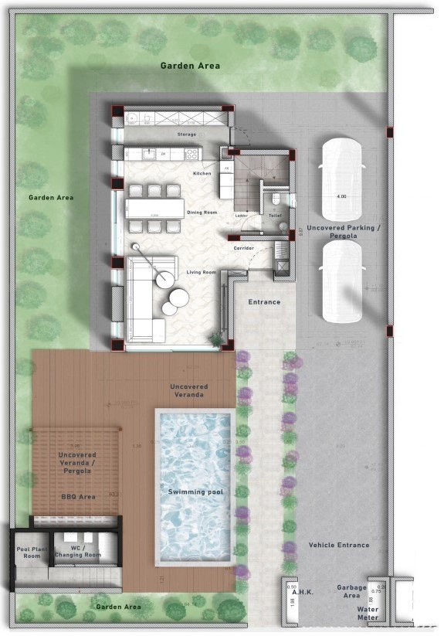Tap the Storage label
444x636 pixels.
point(187,134)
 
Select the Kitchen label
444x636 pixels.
point(202,173)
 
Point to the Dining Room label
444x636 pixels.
point(202,212)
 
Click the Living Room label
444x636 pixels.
point(201,272)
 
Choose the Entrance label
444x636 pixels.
point(264,302)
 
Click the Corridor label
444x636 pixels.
point(244,248)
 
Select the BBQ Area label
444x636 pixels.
point(79,497)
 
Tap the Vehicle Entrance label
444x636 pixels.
point(339,545)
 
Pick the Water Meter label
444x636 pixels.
point(367,613)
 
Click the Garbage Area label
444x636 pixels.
point(352,592)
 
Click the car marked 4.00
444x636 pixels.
point(341,178)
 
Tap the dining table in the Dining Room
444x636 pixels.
point(155,208)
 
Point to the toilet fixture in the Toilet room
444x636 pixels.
point(276,201)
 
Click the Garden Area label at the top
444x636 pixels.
point(190,66)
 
